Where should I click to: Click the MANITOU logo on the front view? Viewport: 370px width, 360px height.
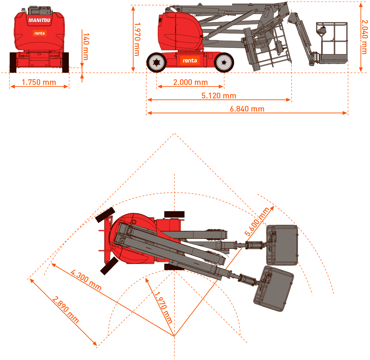(39, 20)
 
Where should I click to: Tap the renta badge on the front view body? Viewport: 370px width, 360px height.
(40, 33)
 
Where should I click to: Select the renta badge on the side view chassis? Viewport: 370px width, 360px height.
(190, 61)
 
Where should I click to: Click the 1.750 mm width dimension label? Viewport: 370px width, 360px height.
(39, 83)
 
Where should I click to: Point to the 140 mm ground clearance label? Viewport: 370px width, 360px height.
(86, 47)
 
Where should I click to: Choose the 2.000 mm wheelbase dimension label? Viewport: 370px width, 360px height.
(190, 83)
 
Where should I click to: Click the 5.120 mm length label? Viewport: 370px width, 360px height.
(219, 96)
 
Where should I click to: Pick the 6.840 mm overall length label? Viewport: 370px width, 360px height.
(247, 109)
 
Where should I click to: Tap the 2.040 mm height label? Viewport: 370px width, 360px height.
(364, 37)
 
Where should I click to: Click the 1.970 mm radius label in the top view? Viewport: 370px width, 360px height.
(163, 307)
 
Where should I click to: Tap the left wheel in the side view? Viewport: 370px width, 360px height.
(157, 62)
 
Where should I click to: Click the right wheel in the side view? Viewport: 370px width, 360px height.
(224, 62)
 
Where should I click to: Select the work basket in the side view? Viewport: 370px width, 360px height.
(332, 43)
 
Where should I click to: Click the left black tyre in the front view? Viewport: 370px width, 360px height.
(13, 62)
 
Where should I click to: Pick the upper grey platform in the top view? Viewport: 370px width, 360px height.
(282, 245)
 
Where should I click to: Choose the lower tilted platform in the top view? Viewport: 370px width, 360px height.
(274, 289)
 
